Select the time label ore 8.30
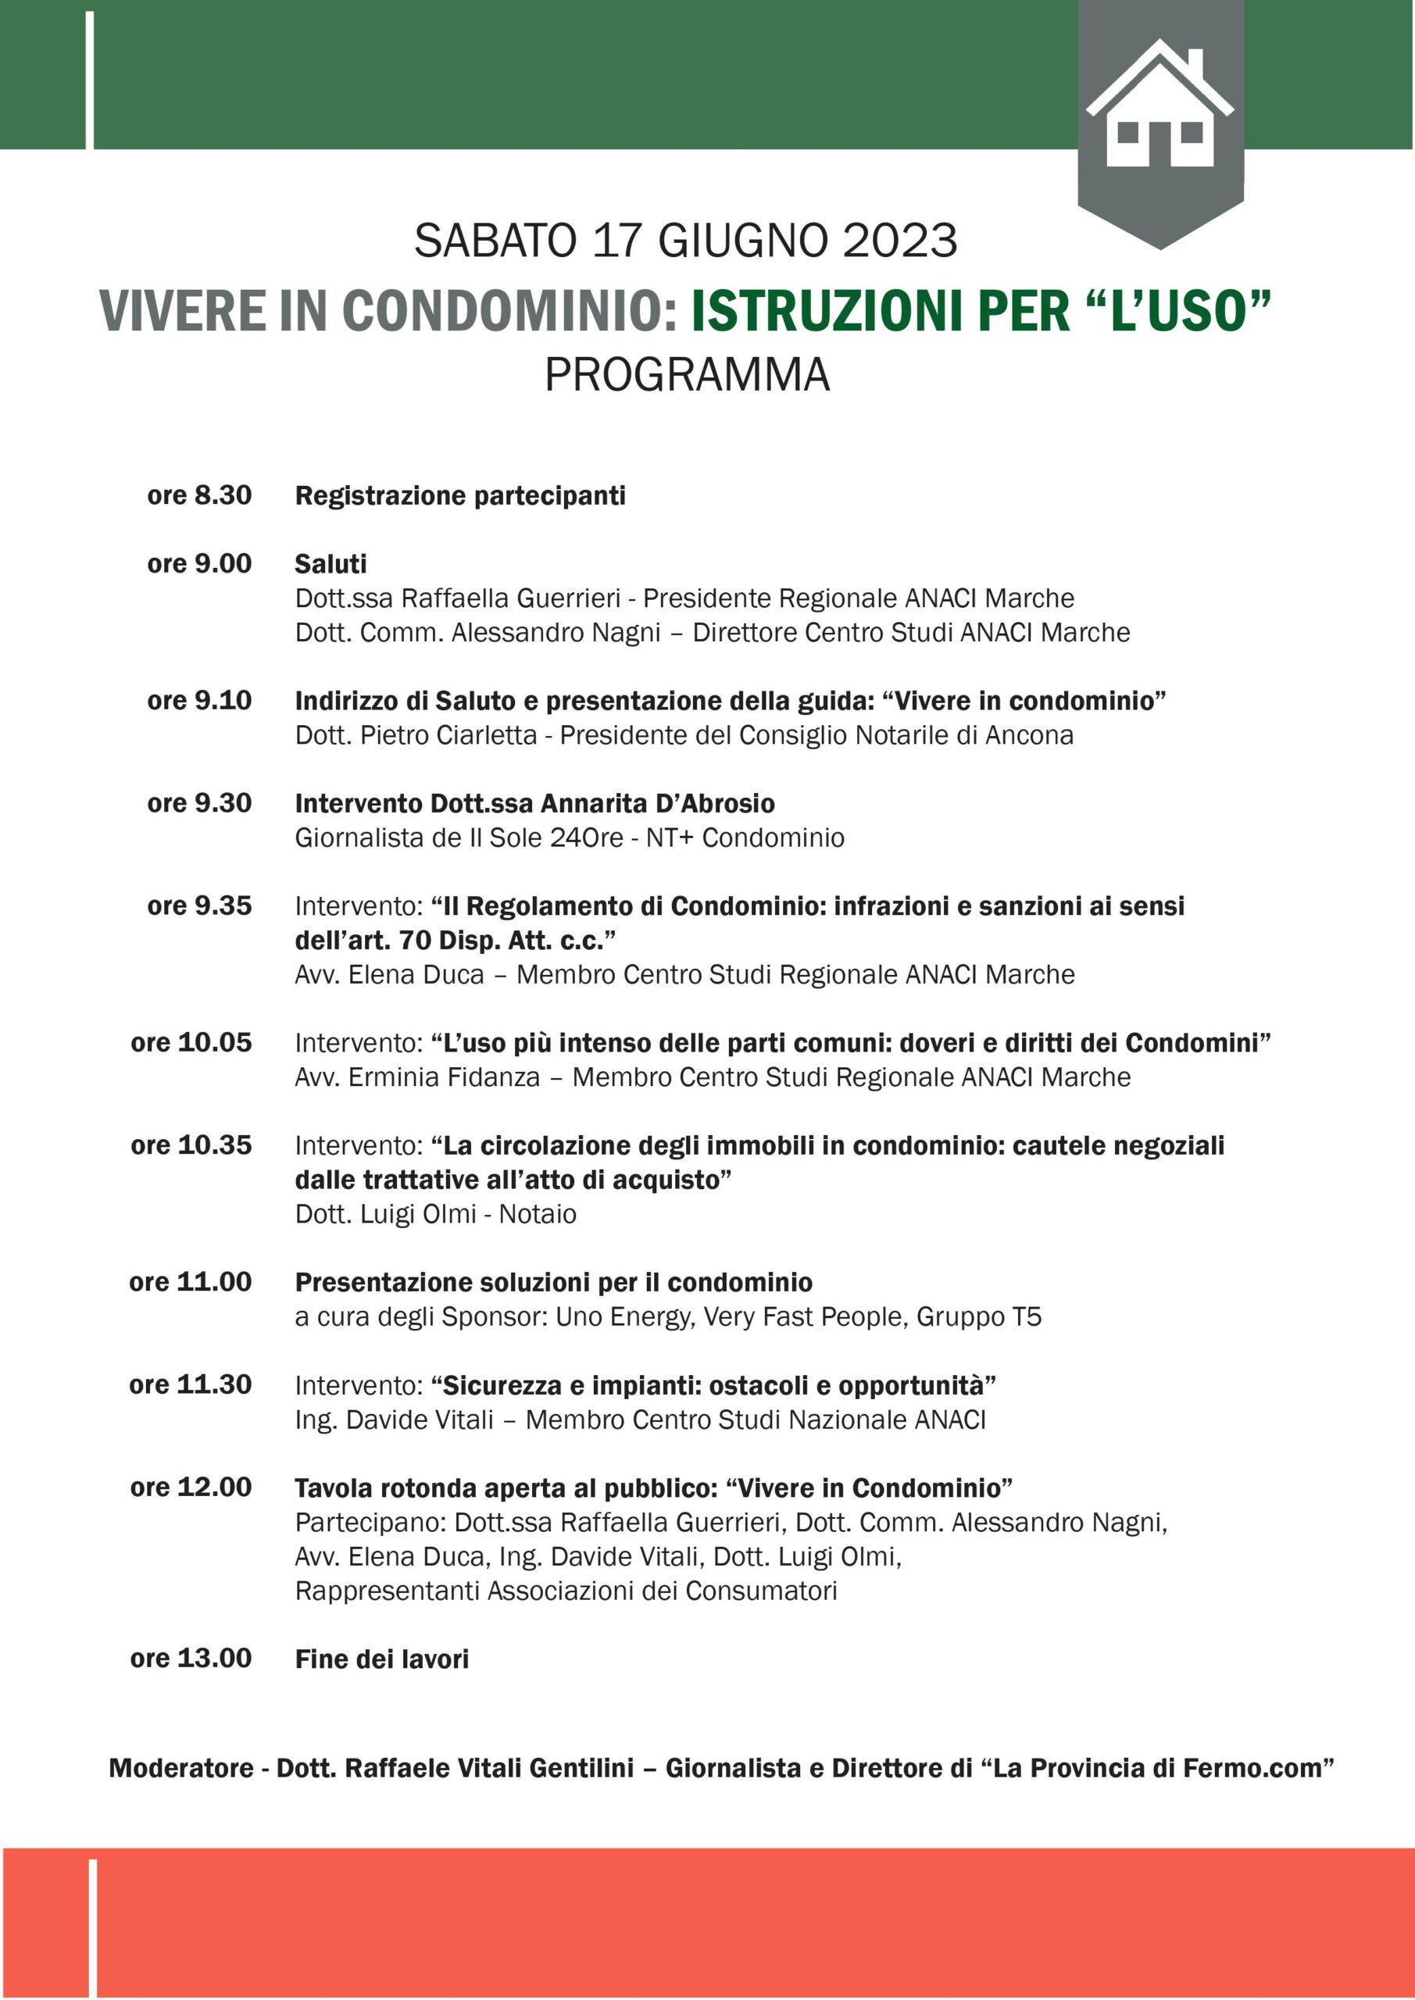(199, 495)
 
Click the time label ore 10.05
(191, 1043)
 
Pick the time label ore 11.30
(191, 1385)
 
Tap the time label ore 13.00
(191, 1659)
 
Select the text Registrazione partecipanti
(460, 495)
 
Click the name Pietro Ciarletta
(448, 735)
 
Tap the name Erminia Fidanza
(445, 1077)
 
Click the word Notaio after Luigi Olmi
(538, 1214)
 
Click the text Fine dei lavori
(381, 1659)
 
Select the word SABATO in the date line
(495, 241)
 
